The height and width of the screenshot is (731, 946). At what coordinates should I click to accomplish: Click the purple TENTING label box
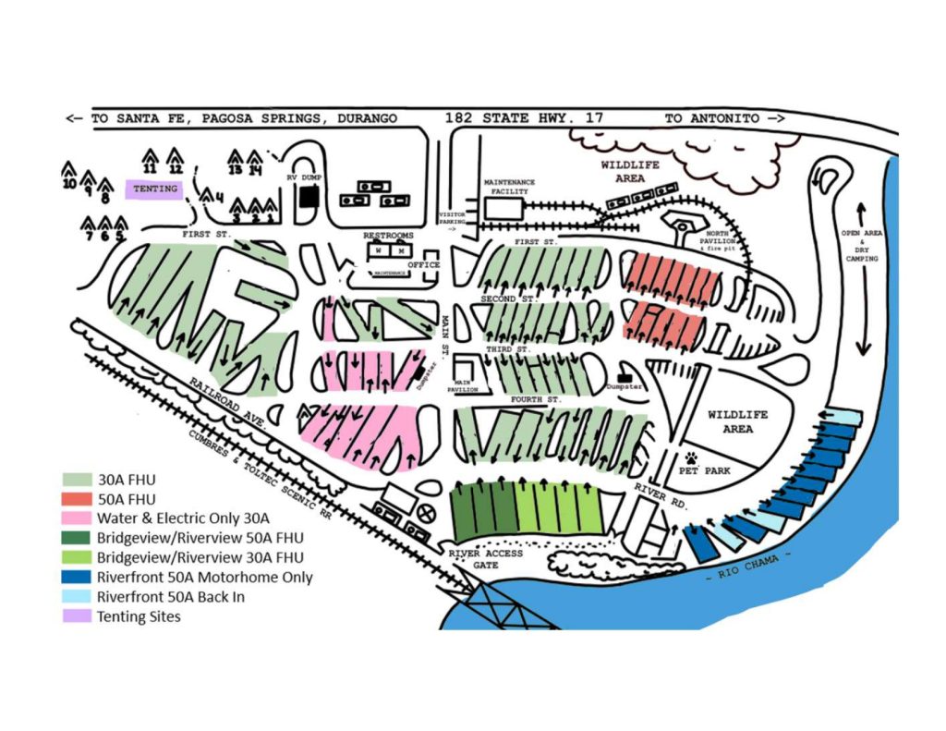pos(154,189)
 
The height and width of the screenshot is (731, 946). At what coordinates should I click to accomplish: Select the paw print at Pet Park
pos(693,457)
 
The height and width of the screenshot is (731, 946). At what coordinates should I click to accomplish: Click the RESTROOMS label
pos(388,236)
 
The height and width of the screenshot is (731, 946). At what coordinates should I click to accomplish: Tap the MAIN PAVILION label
pos(465,387)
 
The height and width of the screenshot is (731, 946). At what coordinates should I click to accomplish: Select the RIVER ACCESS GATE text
pos(486,558)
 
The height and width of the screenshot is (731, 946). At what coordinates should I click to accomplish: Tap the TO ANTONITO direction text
pos(724,118)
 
